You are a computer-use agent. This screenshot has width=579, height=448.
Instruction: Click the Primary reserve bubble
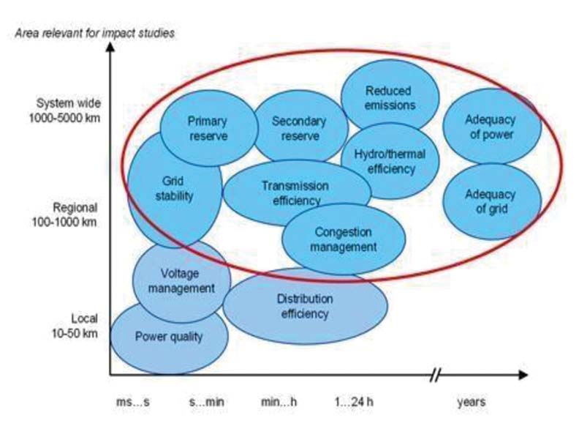point(208,128)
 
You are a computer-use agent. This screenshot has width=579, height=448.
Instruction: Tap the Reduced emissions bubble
point(390,97)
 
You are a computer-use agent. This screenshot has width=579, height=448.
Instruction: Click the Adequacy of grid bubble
point(490,201)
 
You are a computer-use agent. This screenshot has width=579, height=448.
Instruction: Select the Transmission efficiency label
point(295,193)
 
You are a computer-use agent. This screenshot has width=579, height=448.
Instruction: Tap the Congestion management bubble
point(344,239)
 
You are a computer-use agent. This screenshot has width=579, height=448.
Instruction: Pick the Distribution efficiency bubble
point(304,306)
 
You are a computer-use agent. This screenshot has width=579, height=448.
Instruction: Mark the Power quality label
point(168,337)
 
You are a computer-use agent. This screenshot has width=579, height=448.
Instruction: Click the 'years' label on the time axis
point(471,402)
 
